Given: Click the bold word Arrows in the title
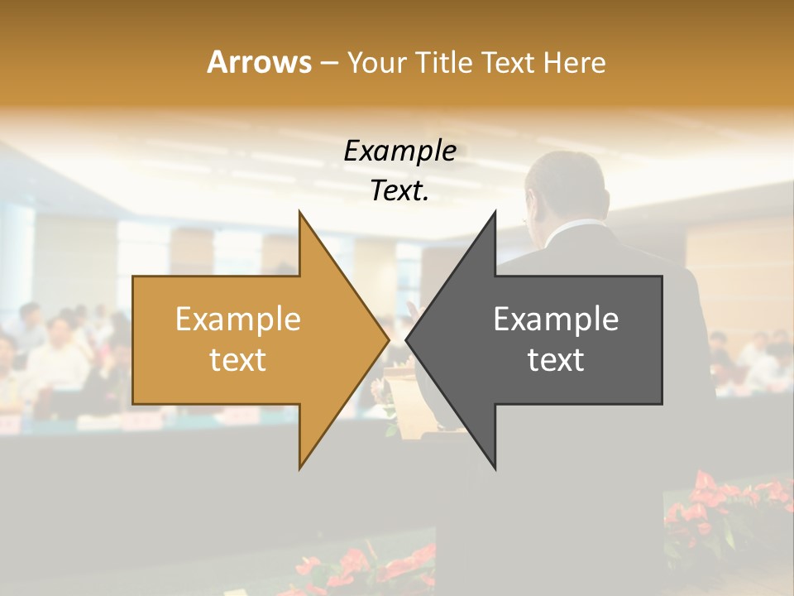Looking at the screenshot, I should point(259,62).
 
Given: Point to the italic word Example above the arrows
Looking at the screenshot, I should point(399,151).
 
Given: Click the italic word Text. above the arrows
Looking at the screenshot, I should point(399,191).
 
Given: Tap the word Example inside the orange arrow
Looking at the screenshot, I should point(238,320).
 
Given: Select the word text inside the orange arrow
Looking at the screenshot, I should point(238,360).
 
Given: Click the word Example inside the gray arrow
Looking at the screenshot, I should point(556,320).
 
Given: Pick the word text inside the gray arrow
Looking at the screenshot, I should point(556,360).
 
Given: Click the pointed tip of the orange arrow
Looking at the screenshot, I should point(387,339).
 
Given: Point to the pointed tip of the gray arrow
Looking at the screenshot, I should point(408,339).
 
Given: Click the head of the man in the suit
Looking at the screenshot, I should point(571,186).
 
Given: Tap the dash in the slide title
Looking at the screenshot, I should point(329,64).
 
